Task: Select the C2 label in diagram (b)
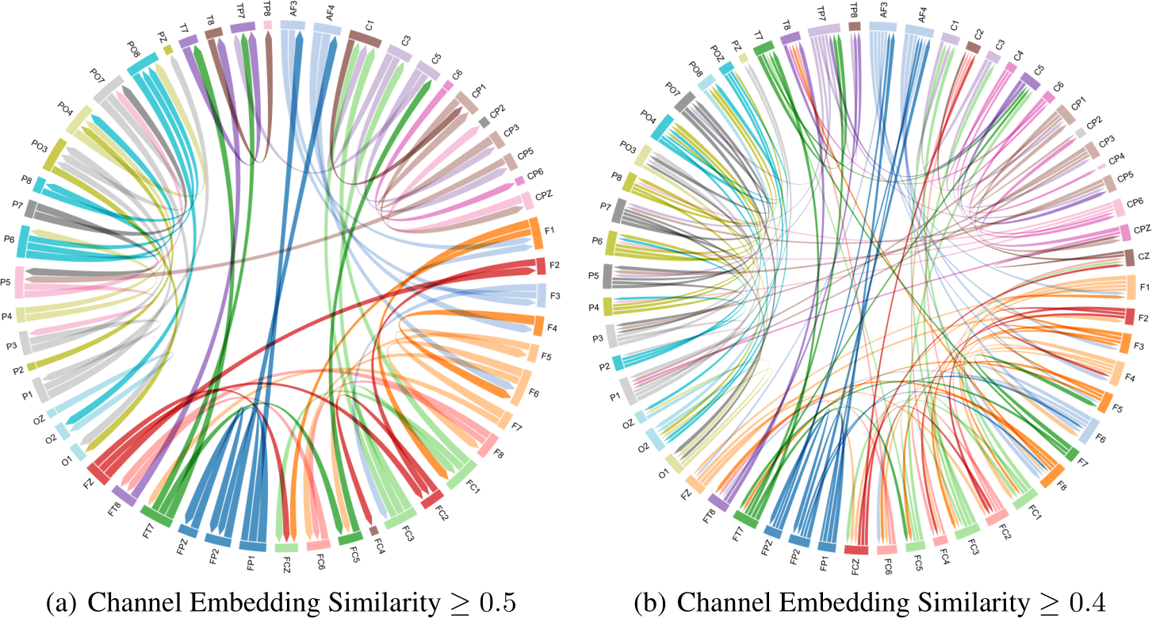pyautogui.click(x=980, y=33)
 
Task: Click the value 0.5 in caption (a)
pyautogui.click(x=496, y=605)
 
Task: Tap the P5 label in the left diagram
pyautogui.click(x=6, y=281)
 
